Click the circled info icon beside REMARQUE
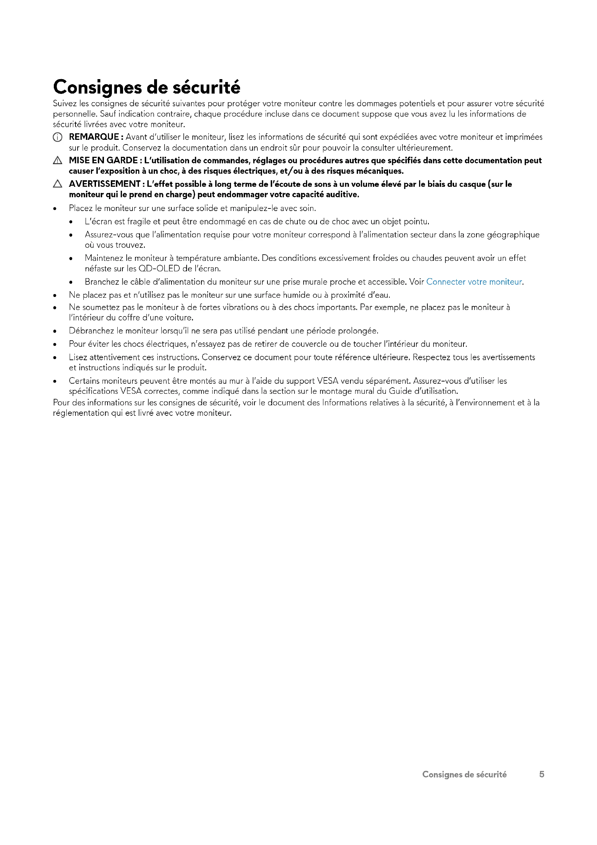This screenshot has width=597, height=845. click(57, 137)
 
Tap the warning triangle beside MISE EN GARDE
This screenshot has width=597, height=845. click(57, 160)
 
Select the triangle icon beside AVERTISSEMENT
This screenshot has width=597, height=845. click(57, 184)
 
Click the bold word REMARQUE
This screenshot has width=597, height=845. click(94, 137)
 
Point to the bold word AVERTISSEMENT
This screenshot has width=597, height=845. click(104, 184)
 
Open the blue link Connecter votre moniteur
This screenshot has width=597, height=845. click(474, 282)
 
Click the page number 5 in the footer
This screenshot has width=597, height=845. click(541, 774)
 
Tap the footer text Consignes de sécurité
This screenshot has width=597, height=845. click(464, 774)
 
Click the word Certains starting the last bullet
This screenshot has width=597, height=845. click(84, 381)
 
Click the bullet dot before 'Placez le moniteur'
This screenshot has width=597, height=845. click(55, 209)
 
